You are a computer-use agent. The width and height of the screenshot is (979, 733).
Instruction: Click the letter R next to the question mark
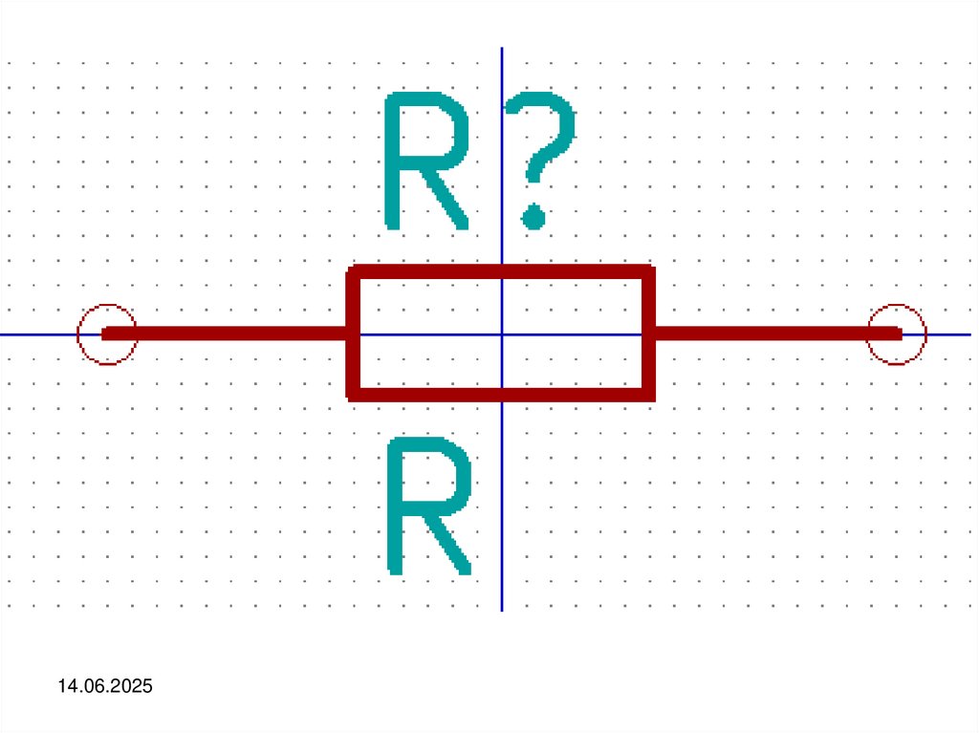[x=426, y=161]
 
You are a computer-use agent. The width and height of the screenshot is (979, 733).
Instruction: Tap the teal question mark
[x=540, y=143]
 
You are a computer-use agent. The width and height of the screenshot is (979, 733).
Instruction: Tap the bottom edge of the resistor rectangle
[x=430, y=393]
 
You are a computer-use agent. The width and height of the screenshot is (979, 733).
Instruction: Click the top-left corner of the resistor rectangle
[x=353, y=272]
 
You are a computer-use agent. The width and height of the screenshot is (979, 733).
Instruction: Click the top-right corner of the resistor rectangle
[x=647, y=272]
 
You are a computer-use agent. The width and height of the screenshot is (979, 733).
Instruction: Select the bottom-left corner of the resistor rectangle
[x=353, y=393]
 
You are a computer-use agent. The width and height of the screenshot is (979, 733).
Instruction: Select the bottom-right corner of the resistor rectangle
[x=647, y=393]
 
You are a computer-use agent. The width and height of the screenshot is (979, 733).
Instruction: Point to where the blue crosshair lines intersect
[x=502, y=334]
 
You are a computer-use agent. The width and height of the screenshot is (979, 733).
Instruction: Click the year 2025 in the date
[x=133, y=686]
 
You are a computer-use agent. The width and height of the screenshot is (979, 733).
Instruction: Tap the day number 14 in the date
[x=67, y=686]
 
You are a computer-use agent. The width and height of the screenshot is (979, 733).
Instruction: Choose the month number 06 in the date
[x=93, y=686]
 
